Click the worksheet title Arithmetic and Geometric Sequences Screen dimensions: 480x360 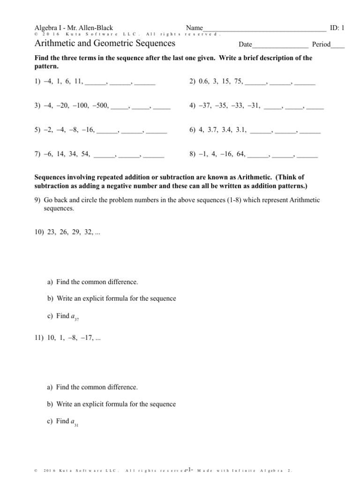pyautogui.click(x=105, y=44)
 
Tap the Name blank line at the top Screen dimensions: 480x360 pyautogui.click(x=265, y=29)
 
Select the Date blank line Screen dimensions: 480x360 pyautogui.click(x=280, y=45)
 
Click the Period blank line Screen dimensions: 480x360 pyautogui.click(x=337, y=45)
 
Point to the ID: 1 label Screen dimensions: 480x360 pyautogui.click(x=337, y=28)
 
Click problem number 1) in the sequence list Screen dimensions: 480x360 pyautogui.click(x=37, y=82)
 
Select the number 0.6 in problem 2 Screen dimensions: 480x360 pyautogui.click(x=203, y=82)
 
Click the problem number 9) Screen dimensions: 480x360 pyautogui.click(x=37, y=200)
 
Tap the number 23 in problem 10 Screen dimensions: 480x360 pyautogui.click(x=52, y=232)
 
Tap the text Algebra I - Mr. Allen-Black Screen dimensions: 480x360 pyautogui.click(x=74, y=28)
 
